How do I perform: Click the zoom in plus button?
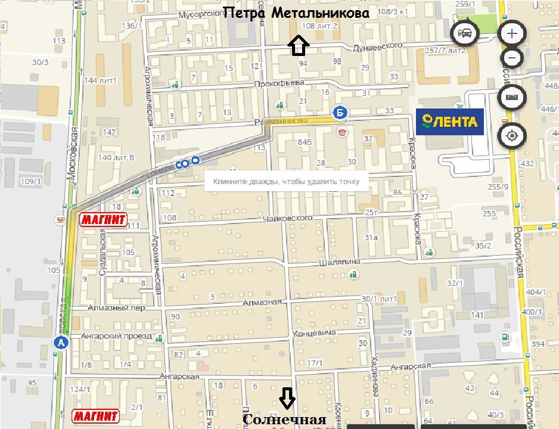pyautogui.click(x=511, y=33)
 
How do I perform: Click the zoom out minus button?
pyautogui.click(x=511, y=58)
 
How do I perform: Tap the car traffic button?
pyautogui.click(x=465, y=33)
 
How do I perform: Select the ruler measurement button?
pyautogui.click(x=511, y=97)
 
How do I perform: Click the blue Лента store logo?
pyautogui.click(x=450, y=122)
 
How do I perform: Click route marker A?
pyautogui.click(x=60, y=342)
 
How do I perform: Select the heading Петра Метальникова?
pyautogui.click(x=296, y=13)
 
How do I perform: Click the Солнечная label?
pyautogui.click(x=284, y=419)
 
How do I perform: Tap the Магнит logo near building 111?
pyautogui.click(x=104, y=220)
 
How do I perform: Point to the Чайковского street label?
pyautogui.click(x=288, y=219)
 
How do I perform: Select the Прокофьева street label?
pyautogui.click(x=279, y=82)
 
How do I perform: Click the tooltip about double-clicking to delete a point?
pyautogui.click(x=286, y=182)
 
